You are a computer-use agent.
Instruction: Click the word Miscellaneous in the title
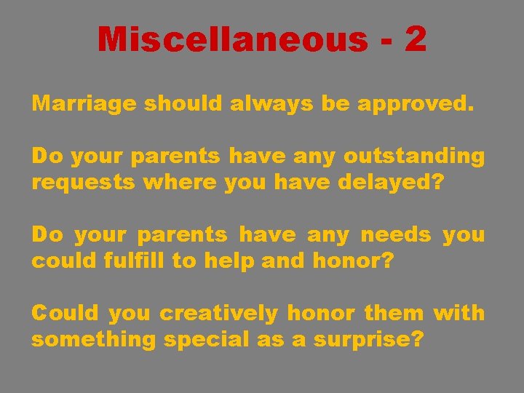233,39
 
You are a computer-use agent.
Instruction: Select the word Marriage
84,104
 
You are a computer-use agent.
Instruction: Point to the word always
272,104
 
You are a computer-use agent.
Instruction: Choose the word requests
83,183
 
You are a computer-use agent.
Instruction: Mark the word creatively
219,314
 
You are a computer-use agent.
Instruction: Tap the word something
92,340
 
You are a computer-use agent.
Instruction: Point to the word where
180,182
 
